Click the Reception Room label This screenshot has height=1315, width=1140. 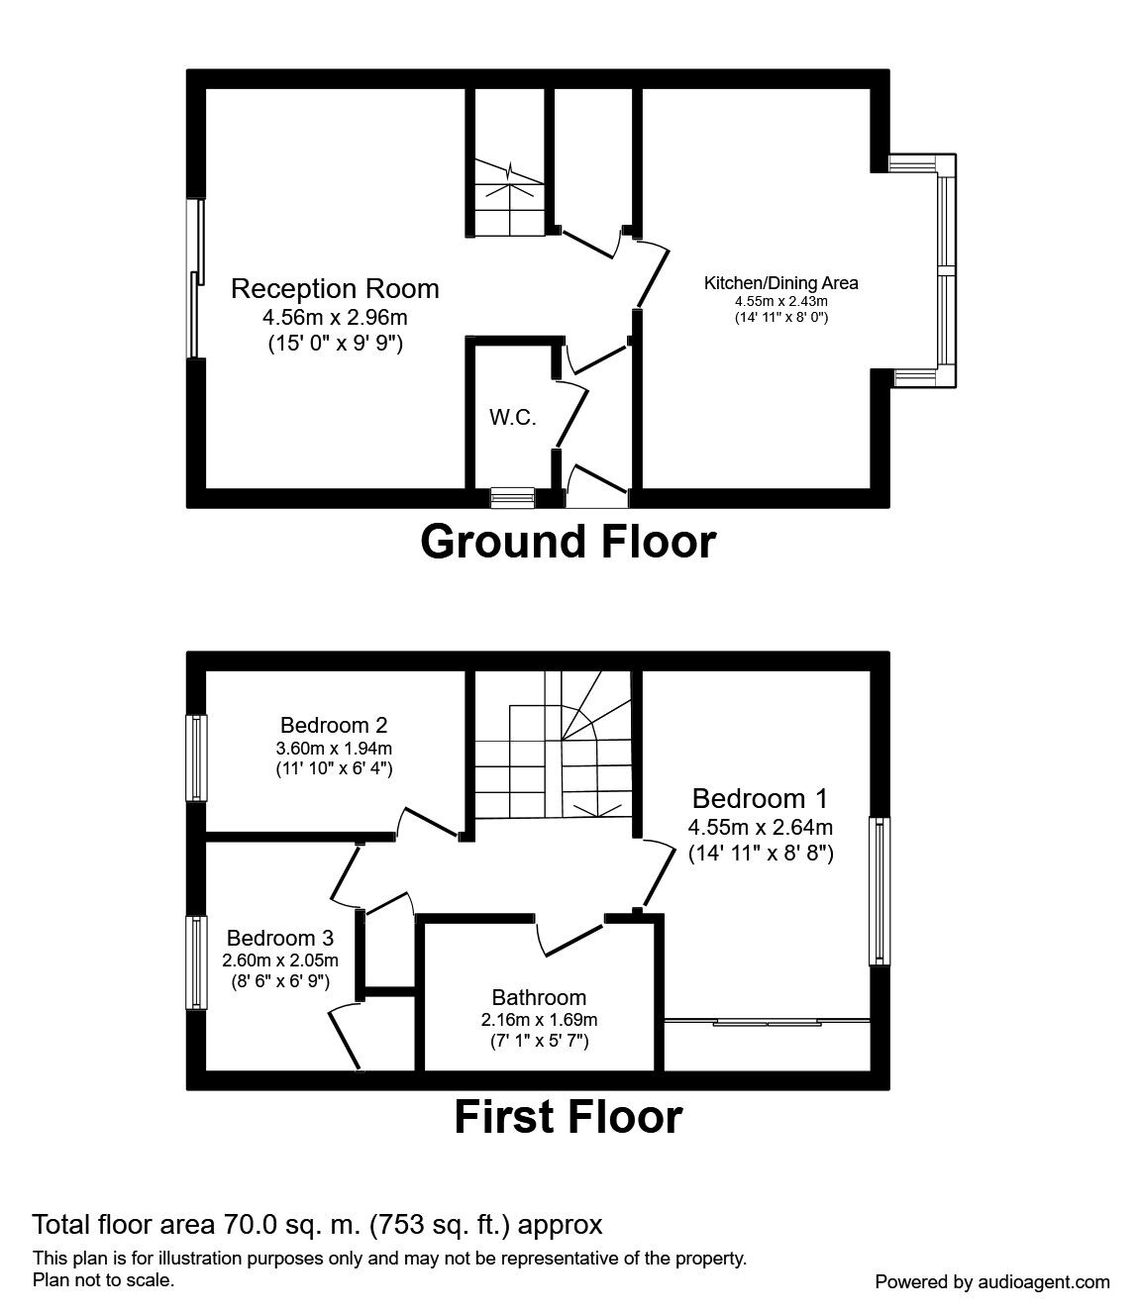click(335, 289)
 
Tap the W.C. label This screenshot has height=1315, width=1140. click(512, 418)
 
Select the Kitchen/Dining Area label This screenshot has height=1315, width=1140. click(780, 283)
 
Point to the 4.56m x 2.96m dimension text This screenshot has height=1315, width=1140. click(335, 318)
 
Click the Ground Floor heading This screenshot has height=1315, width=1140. click(568, 542)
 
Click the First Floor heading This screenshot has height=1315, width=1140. click(568, 1117)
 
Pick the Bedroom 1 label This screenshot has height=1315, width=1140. click(760, 798)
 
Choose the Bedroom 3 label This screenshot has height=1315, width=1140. click(280, 938)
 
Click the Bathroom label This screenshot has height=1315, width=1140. click(539, 997)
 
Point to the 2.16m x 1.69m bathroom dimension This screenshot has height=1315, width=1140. click(539, 1019)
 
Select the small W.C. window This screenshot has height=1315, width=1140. click(512, 497)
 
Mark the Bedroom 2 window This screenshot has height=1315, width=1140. click(198, 758)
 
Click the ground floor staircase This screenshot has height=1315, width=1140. click(507, 198)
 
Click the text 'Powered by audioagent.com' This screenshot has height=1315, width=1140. click(992, 1281)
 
